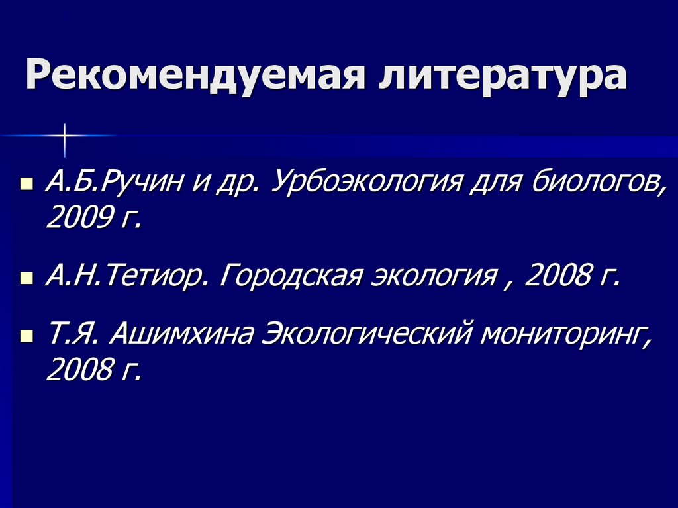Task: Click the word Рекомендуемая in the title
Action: click(195, 76)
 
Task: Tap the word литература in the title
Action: click(503, 76)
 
